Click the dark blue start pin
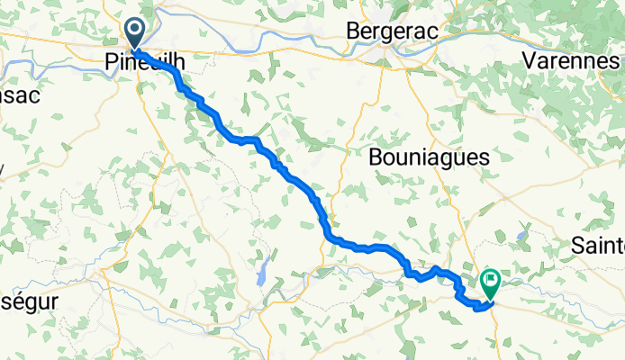click(x=134, y=35)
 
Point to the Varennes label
click(x=572, y=61)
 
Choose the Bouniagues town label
click(x=430, y=157)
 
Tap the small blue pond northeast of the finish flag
click(x=521, y=237)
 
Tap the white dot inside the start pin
click(x=134, y=32)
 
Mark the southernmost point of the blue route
click(x=477, y=307)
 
